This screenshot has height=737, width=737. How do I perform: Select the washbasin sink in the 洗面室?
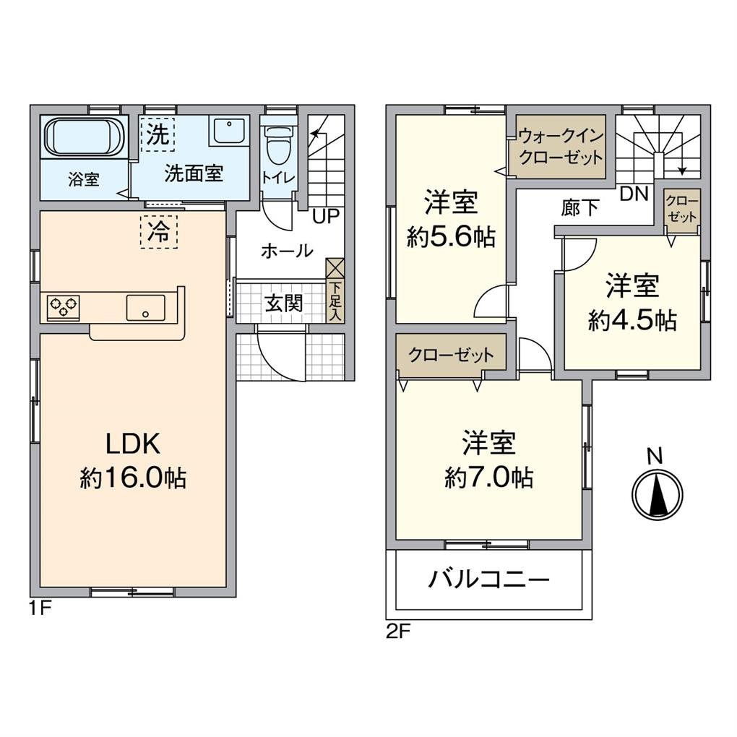229,132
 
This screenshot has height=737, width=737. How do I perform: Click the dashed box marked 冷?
158,233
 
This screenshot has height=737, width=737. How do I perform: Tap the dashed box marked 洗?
157,134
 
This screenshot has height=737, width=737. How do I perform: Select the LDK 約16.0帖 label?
133,462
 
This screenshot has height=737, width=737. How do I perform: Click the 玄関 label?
283,303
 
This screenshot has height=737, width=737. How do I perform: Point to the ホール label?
286,251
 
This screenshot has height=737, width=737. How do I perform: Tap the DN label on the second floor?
634,193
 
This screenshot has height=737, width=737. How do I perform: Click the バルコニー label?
489,579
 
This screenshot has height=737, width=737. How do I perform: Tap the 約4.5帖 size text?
632,320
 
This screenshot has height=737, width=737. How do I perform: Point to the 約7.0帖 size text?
489,477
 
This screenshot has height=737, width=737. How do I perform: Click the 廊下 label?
580,207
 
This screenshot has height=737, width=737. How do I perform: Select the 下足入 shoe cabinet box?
335,290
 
